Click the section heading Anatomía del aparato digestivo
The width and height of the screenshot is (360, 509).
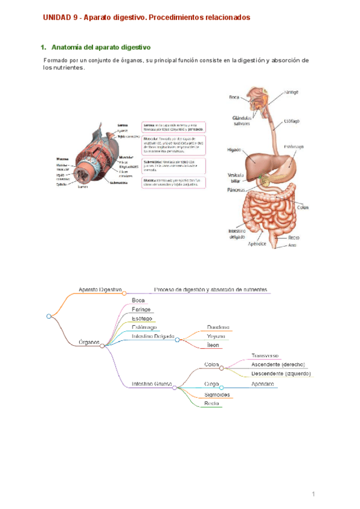tap(101, 47)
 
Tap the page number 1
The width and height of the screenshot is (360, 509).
tap(313, 478)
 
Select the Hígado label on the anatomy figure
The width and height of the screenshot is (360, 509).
tap(233, 151)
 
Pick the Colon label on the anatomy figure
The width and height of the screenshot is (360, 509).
tap(302, 208)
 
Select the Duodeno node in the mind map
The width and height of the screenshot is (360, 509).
tap(218, 328)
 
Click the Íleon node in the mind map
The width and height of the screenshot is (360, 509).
tap(214, 346)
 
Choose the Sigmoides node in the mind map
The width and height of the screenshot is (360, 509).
tap(218, 394)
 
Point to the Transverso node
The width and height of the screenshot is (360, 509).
tap(265, 356)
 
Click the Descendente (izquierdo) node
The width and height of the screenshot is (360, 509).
tap(281, 373)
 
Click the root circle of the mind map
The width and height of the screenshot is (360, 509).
tap(49, 316)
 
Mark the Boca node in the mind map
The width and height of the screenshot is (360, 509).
tap(138, 300)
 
